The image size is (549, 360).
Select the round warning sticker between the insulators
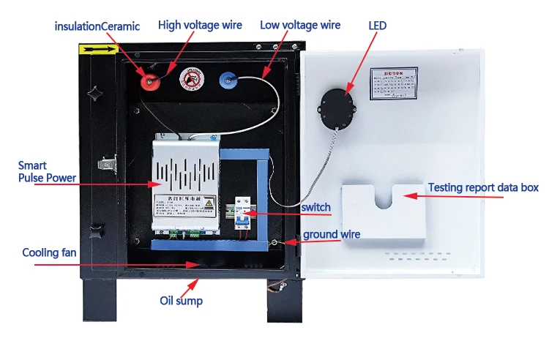click(x=190, y=80)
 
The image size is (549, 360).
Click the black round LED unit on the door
click(x=340, y=107)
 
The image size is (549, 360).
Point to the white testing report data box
click(x=384, y=211)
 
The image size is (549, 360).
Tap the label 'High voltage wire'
click(x=200, y=26)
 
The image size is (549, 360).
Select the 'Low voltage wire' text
click(x=300, y=26)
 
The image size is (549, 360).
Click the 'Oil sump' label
click(x=182, y=301)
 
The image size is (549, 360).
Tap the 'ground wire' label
click(x=332, y=235)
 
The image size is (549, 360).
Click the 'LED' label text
click(x=377, y=26)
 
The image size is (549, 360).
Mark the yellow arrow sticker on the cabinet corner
click(x=97, y=50)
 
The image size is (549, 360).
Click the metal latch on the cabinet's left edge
click(x=107, y=165)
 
